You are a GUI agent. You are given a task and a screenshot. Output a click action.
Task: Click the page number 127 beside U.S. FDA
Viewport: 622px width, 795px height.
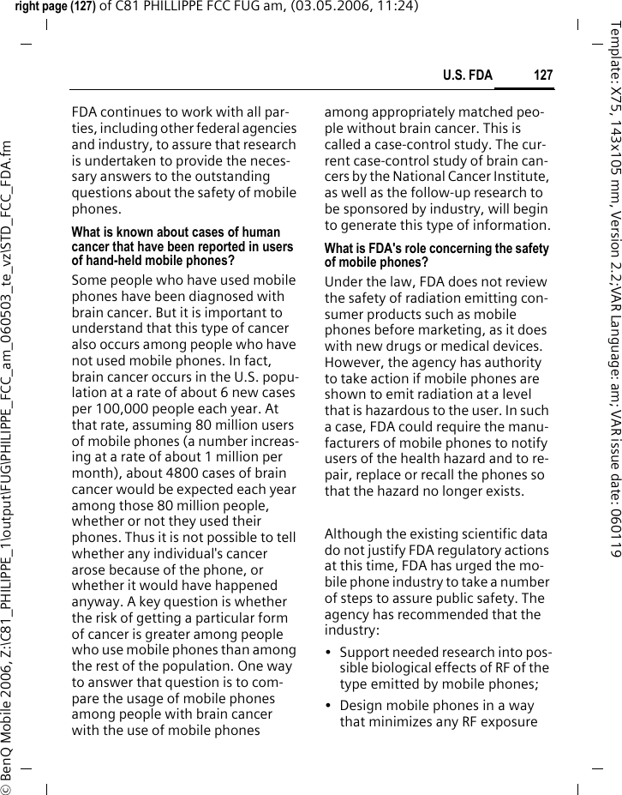pyautogui.click(x=543, y=75)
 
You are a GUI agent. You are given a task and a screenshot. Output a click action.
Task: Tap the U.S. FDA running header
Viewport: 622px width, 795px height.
pyautogui.click(x=468, y=75)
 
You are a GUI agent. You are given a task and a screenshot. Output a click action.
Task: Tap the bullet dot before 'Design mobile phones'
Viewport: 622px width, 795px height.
pyautogui.click(x=329, y=706)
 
